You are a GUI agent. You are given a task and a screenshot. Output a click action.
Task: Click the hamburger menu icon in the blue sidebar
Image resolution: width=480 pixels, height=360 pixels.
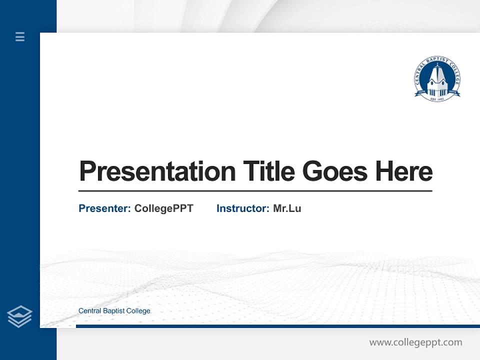pyautogui.click(x=20, y=36)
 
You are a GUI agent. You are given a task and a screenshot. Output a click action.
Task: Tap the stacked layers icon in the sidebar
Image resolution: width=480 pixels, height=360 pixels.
pyautogui.click(x=19, y=316)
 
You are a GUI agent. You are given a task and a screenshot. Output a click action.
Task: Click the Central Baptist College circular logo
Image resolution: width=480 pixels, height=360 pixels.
pyautogui.click(x=437, y=79)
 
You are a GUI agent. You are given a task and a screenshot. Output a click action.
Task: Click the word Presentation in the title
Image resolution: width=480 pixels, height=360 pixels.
pyautogui.click(x=157, y=171)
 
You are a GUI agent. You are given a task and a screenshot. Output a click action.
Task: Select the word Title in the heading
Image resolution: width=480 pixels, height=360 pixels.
pyautogui.click(x=269, y=171)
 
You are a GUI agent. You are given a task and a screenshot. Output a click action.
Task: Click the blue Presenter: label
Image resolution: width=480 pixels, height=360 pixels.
pyautogui.click(x=104, y=208)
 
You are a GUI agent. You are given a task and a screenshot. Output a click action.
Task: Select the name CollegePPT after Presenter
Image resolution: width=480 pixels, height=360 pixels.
pyautogui.click(x=163, y=208)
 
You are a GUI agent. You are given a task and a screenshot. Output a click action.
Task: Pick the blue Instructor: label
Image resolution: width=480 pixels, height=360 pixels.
pyautogui.click(x=242, y=208)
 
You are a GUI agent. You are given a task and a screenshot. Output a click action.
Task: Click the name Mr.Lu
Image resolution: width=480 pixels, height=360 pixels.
pyautogui.click(x=287, y=208)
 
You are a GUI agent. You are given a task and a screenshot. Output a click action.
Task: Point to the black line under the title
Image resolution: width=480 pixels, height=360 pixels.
pyautogui.click(x=255, y=190)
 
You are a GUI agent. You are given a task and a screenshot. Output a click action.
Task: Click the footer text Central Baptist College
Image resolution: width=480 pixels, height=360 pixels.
pyautogui.click(x=114, y=310)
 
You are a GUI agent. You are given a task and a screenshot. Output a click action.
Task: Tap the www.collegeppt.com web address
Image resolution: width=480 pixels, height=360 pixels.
pyautogui.click(x=415, y=342)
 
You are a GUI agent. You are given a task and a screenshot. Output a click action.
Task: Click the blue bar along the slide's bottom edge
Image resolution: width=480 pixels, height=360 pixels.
pyautogui.click(x=277, y=326)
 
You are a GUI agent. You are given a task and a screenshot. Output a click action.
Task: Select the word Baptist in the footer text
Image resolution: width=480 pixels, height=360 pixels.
pyautogui.click(x=113, y=310)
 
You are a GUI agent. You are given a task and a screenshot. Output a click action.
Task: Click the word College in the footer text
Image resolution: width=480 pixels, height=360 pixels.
pyautogui.click(x=138, y=310)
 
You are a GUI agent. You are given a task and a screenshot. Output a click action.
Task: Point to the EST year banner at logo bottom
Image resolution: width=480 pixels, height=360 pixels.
pyautogui.click(x=437, y=99)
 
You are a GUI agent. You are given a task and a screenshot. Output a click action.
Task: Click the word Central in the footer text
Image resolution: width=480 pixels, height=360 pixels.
pyautogui.click(x=89, y=310)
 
